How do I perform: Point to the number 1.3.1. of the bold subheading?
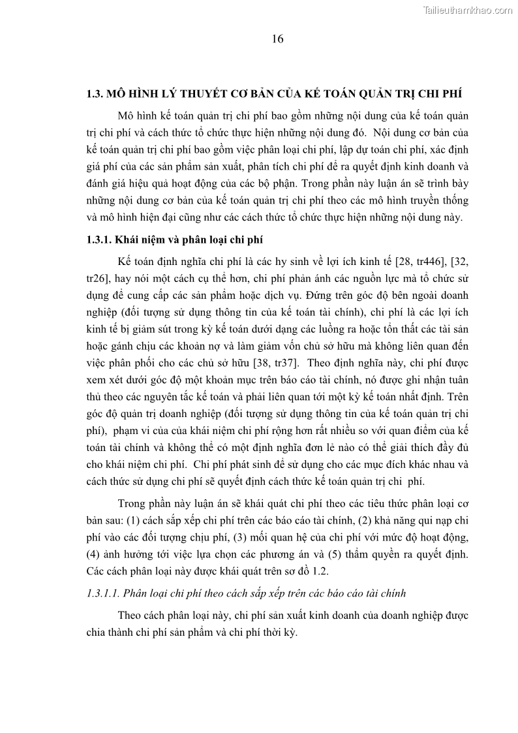[x=99, y=240]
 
